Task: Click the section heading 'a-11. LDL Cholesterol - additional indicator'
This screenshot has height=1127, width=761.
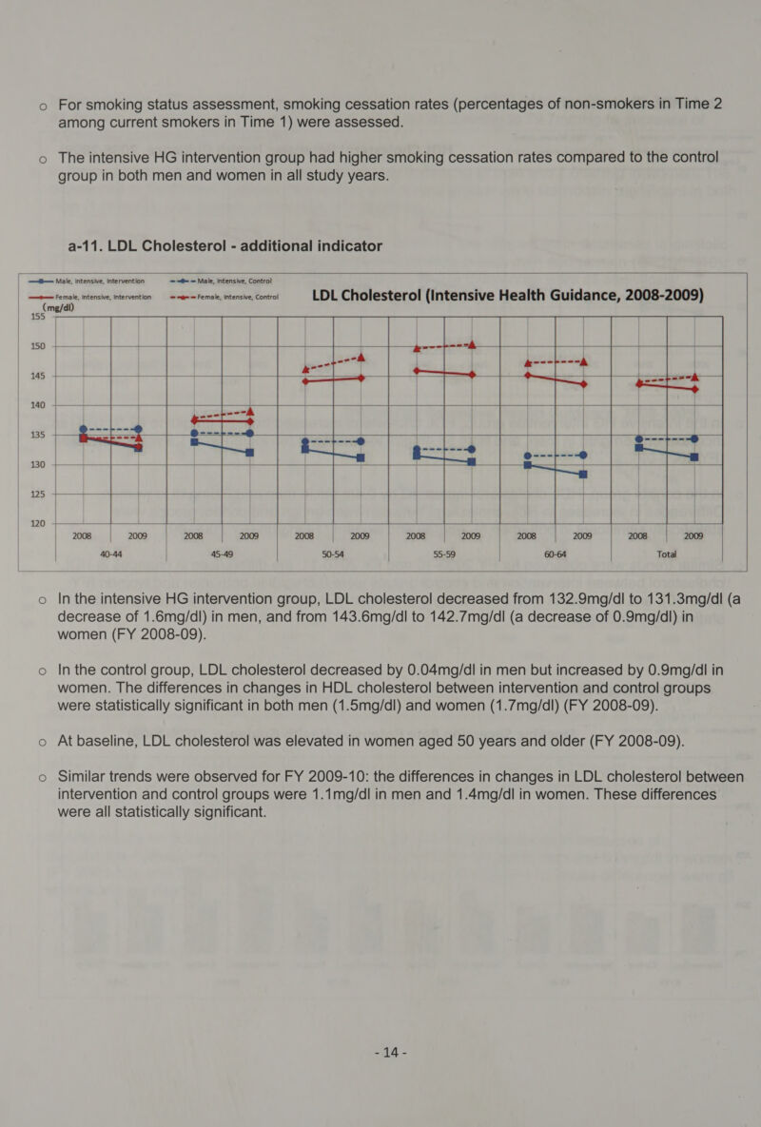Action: (224, 246)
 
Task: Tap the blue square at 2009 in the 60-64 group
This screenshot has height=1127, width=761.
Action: (583, 475)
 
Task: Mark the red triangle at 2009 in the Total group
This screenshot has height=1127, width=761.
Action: (695, 375)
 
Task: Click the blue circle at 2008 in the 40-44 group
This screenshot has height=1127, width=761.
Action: (84, 429)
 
